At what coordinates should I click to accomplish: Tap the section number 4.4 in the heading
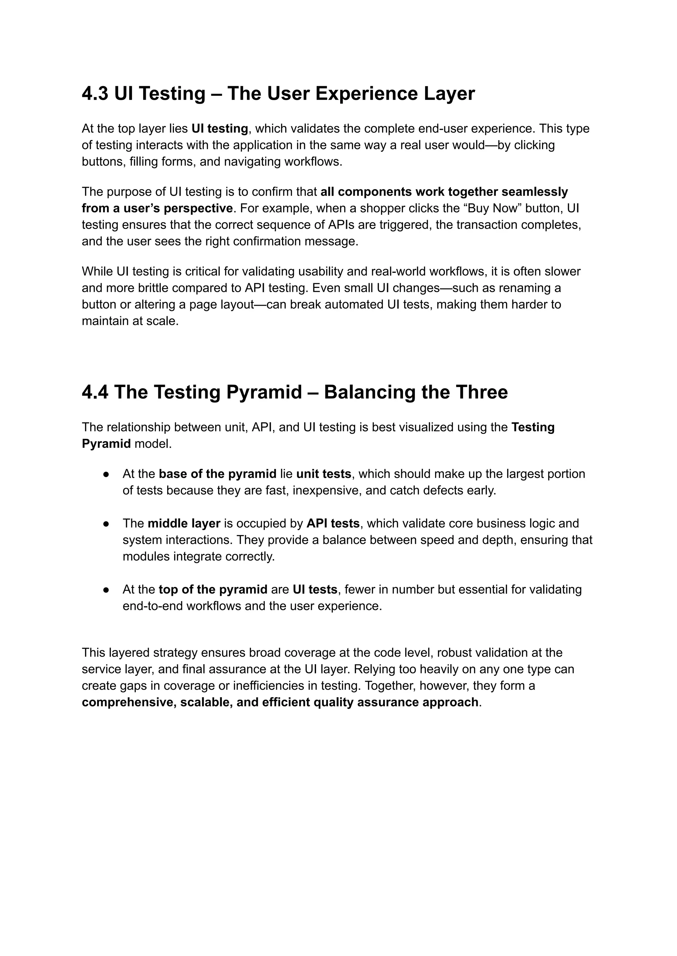click(x=95, y=392)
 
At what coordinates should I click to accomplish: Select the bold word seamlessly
click(x=535, y=192)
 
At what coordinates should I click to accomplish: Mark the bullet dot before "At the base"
click(x=106, y=474)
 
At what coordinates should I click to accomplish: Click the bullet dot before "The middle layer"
click(x=106, y=524)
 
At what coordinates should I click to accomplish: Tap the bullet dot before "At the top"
click(x=106, y=590)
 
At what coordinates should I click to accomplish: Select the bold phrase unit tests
click(x=324, y=474)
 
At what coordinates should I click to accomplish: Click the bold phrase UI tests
click(x=315, y=590)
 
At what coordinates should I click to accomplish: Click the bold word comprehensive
click(x=129, y=703)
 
